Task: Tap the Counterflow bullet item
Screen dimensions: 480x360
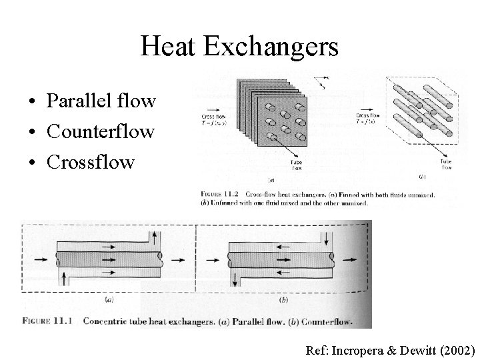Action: click(101, 131)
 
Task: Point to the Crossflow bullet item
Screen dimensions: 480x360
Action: click(91, 161)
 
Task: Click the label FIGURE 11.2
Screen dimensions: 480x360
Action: click(218, 195)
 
